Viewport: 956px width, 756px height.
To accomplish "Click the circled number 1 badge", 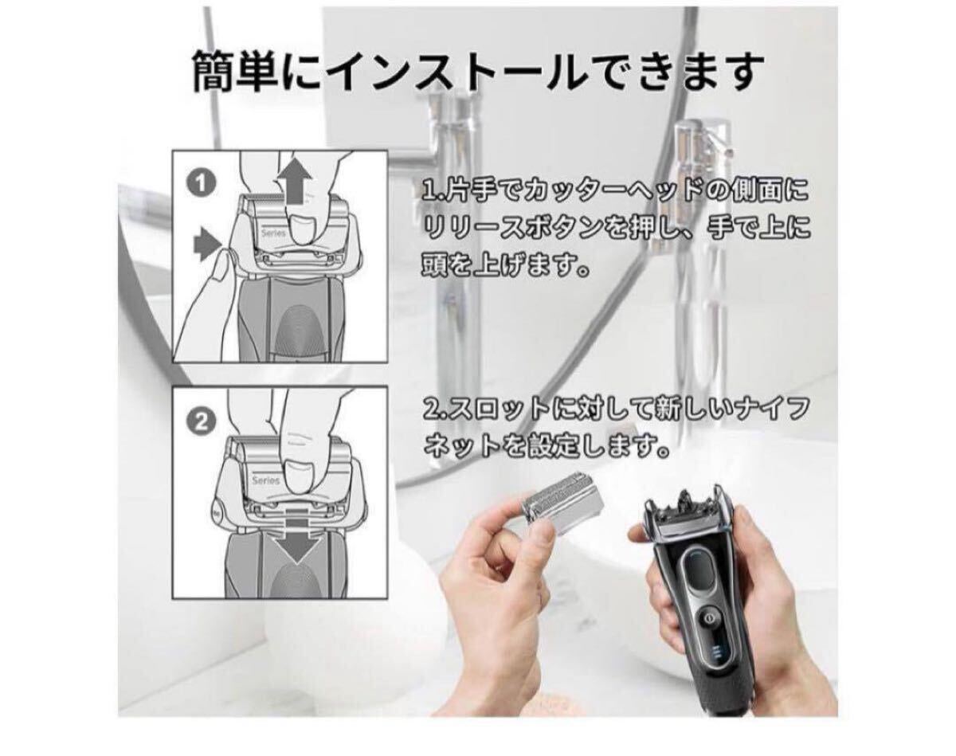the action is [x=202, y=184].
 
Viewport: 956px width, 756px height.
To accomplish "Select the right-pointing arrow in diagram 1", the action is [x=207, y=245].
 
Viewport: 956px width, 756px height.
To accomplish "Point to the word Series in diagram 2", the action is [x=265, y=480].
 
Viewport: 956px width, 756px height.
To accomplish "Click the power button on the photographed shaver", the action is [x=710, y=619].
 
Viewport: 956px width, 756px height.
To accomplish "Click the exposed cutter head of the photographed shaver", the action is [x=684, y=510].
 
